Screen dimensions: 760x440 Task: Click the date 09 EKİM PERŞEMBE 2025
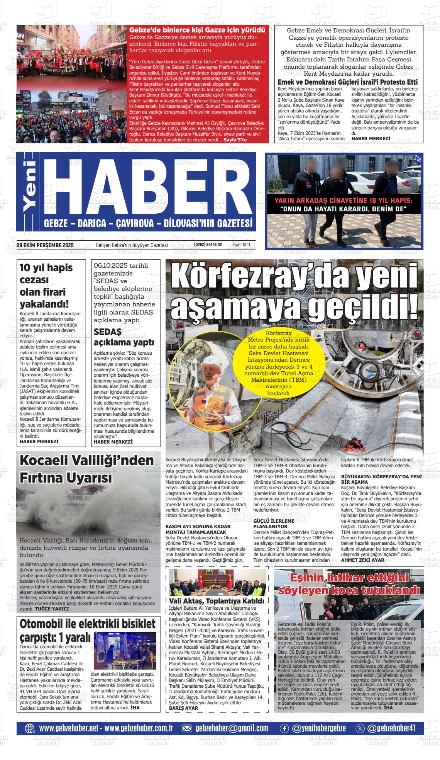point(45,245)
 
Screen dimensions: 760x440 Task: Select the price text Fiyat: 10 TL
point(242,245)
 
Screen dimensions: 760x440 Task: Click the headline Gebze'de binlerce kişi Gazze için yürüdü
point(197,30)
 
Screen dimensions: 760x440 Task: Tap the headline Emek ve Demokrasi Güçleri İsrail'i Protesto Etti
point(347,82)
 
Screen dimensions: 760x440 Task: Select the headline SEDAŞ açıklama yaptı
point(124,337)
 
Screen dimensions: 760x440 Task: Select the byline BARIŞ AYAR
point(184,708)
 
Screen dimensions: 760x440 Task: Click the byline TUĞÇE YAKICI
point(52,609)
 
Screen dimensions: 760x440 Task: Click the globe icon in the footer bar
point(30,728)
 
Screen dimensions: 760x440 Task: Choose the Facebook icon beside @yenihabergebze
point(284,728)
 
